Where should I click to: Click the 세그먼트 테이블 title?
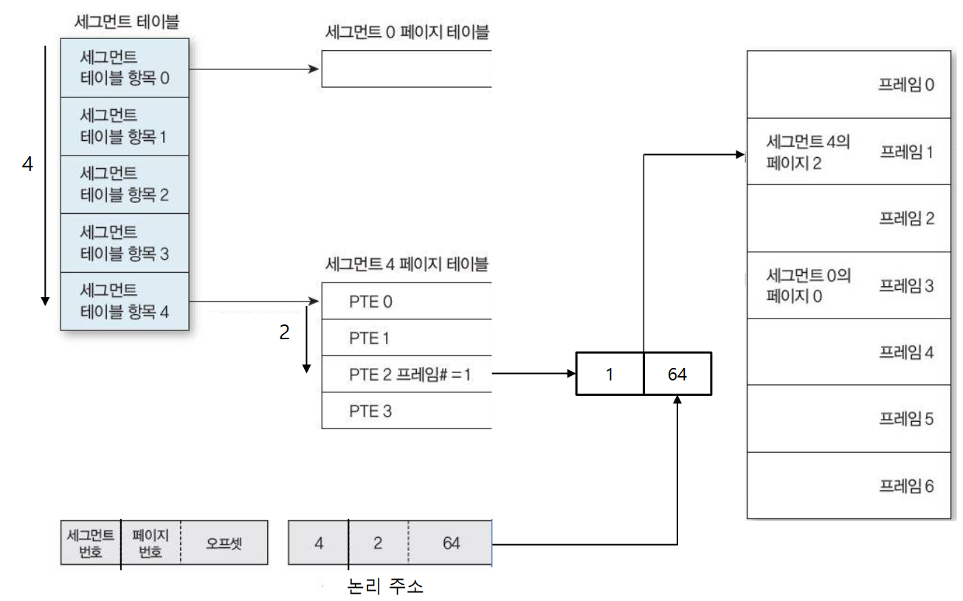[126, 22]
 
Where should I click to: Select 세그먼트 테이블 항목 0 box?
[125, 67]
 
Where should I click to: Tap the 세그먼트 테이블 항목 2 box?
[125, 184]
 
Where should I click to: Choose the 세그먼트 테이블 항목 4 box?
[125, 301]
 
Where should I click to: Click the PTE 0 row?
[406, 302]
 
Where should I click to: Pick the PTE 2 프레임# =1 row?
[406, 374]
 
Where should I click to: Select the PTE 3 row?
[406, 411]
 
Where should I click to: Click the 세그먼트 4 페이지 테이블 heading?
[407, 263]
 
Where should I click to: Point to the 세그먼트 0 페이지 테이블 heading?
[407, 32]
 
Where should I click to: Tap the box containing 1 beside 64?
[610, 374]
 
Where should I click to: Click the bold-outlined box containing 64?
[677, 374]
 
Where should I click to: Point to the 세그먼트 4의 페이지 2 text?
[808, 152]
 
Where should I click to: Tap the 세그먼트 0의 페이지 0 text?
[808, 285]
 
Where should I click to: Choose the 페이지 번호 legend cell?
[151, 543]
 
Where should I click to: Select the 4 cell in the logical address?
[319, 543]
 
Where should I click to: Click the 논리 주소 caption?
[385, 587]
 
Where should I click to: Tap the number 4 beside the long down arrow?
[27, 165]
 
